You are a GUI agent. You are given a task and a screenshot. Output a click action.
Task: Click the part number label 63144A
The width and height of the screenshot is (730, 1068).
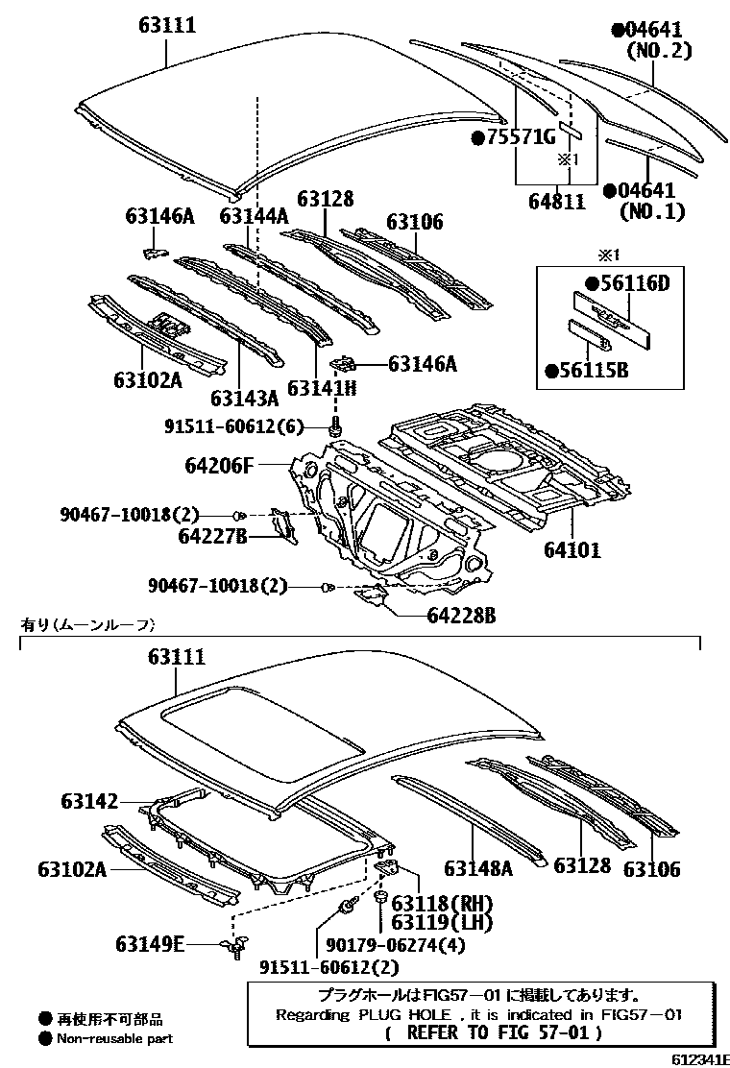254,217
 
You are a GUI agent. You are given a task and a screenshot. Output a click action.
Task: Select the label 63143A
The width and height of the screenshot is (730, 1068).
244,398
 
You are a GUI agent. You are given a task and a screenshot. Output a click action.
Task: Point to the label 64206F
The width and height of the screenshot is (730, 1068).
219,467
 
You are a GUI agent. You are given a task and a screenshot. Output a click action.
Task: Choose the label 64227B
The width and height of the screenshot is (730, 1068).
211,535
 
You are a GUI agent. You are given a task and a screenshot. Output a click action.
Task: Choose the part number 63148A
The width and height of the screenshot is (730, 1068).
478,868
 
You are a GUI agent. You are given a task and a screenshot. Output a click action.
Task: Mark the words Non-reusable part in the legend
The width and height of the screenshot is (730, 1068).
114,1037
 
